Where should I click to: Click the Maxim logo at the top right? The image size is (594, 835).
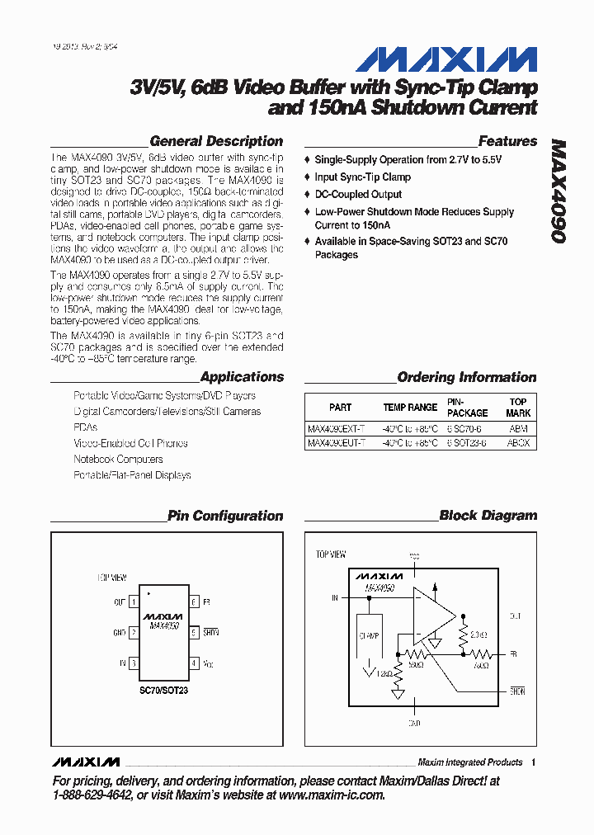point(447,59)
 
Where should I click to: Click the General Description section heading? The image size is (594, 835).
point(216,141)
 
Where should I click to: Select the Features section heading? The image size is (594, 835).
point(507,141)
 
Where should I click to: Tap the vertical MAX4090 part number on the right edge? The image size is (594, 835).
point(559,190)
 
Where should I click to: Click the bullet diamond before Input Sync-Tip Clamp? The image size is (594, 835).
point(308,177)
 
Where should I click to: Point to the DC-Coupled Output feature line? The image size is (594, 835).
point(358,195)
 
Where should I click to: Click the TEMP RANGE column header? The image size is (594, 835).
point(410,408)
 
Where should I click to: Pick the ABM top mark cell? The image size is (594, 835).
point(517,429)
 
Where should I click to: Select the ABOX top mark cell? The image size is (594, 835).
point(518,443)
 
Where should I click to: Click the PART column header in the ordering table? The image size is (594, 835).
point(340,408)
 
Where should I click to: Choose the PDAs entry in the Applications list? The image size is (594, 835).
point(85,427)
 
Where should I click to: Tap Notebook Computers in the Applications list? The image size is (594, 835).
point(118,459)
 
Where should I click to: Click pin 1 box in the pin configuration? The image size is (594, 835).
point(133,602)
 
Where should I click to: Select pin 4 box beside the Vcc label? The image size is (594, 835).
point(194,663)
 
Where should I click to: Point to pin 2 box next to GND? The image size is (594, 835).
point(133,633)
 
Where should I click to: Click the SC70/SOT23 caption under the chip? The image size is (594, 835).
point(163,690)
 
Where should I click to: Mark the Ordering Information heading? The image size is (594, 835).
point(466,377)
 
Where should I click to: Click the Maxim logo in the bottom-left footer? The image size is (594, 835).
point(85,761)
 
